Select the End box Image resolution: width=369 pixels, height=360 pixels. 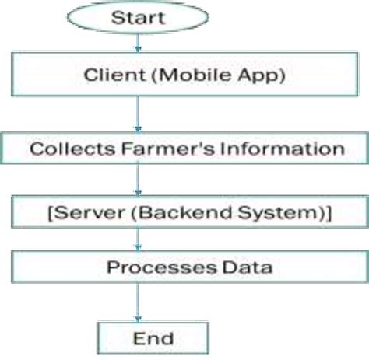tap(153, 338)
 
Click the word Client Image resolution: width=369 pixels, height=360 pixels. tap(105, 75)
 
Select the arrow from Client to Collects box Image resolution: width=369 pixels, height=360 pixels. tap(139, 114)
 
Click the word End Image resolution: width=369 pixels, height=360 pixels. tap(153, 338)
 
